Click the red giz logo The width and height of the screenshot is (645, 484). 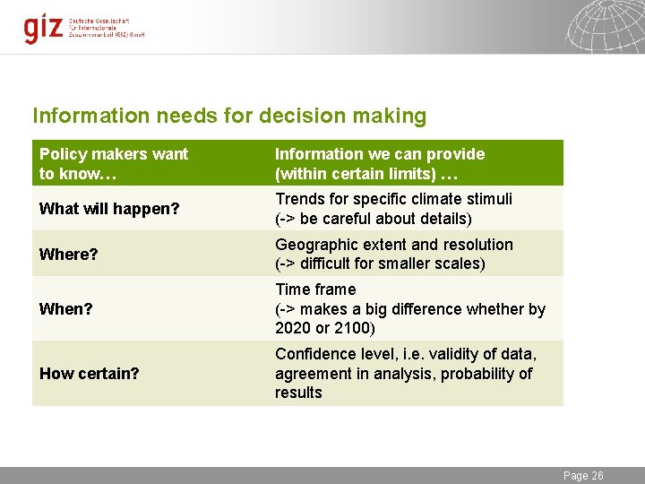43,28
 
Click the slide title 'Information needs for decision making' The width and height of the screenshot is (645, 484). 229,116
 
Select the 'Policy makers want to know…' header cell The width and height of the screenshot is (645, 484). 114,163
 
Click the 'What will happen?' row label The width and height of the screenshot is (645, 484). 109,209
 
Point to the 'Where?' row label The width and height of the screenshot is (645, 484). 68,255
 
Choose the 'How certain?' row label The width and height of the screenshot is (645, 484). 89,373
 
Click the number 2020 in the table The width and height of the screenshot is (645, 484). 293,328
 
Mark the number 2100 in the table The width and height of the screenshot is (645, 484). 344,328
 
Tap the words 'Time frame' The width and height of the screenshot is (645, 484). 315,290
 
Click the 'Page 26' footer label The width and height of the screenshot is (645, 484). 583,476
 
